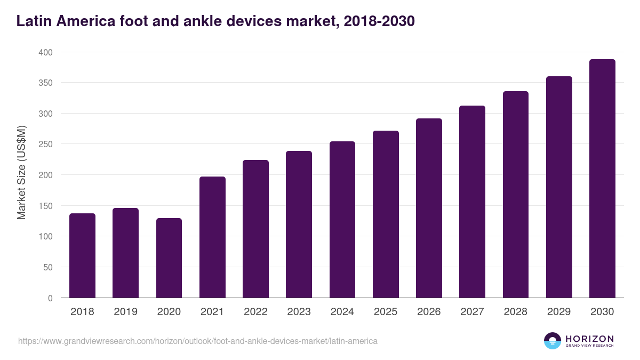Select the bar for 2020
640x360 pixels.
point(169,258)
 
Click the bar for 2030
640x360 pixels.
point(602,179)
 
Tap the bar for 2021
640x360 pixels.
point(212,237)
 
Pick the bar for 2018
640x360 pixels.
point(82,255)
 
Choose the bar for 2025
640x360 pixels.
point(386,214)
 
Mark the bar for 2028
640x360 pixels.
point(516,195)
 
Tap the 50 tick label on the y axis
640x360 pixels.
point(47,267)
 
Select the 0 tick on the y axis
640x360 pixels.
point(50,298)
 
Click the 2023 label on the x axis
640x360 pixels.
point(299,312)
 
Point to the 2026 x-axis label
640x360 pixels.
point(429,312)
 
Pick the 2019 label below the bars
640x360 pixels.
point(125,312)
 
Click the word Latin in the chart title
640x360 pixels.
point(33,21)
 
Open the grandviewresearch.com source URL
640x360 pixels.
point(197,341)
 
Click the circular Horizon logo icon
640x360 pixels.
point(553,341)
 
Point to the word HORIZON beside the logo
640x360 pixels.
point(589,339)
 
